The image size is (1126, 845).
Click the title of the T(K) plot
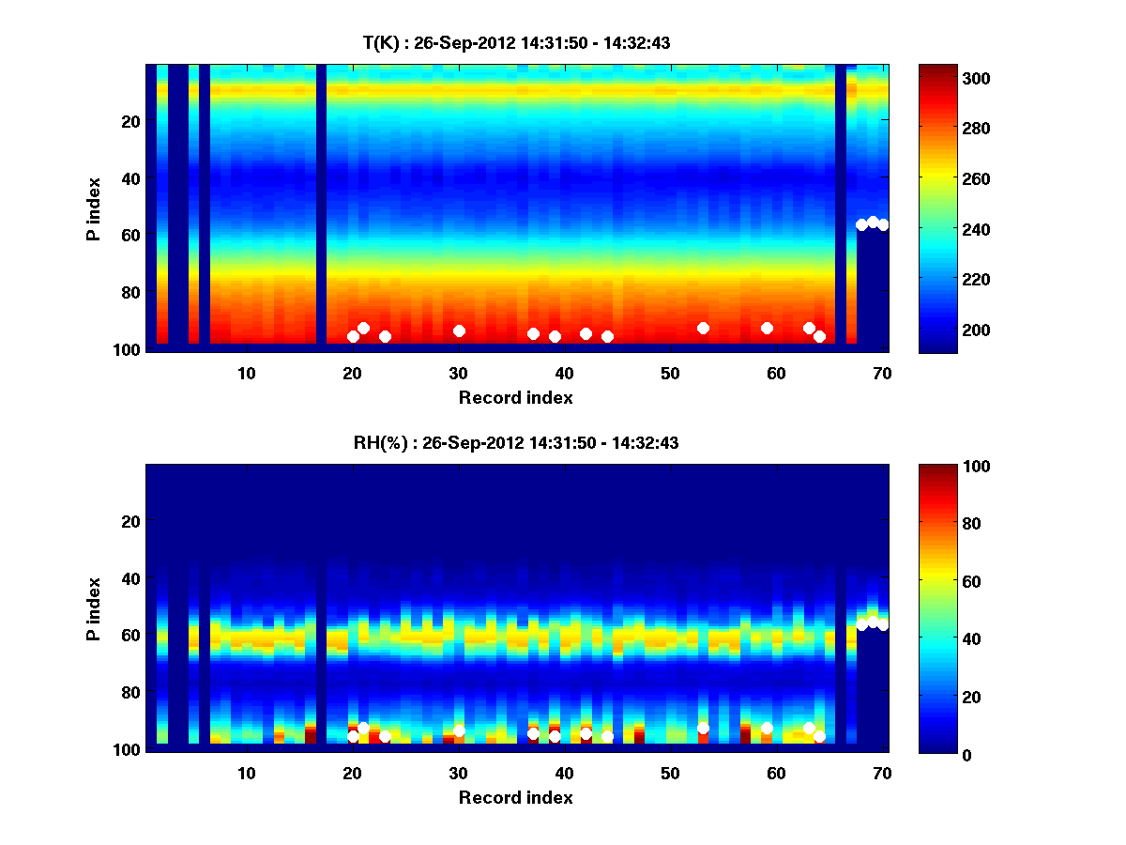[516, 42]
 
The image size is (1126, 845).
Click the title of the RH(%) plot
[516, 442]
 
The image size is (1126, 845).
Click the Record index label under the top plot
[516, 397]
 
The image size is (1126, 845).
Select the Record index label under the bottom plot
[516, 797]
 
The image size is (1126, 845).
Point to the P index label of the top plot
[94, 207]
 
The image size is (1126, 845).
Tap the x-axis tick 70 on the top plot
[882, 373]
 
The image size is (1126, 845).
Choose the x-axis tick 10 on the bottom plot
[246, 773]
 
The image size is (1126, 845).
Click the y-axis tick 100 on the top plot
[129, 349]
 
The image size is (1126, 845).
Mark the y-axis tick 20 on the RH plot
[132, 521]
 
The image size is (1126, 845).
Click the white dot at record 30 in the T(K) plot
[459, 330]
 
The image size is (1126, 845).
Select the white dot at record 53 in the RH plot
[703, 728]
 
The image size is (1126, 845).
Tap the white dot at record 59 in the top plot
[767, 328]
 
